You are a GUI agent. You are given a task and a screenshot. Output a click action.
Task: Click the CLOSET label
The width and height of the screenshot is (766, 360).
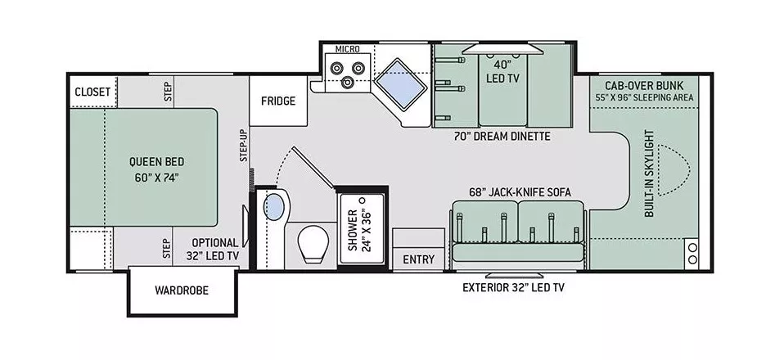point(92,92)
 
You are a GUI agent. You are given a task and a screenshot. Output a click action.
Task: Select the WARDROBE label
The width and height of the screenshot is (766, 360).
point(181,290)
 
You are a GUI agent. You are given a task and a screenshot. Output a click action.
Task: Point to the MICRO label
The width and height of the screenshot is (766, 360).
point(336,48)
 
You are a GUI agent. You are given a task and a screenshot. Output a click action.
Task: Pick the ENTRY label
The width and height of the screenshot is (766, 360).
point(419,259)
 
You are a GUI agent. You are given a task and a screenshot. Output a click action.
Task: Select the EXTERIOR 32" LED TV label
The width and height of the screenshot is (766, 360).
point(513,287)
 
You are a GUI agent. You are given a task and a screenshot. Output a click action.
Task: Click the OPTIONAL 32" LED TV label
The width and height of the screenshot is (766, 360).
point(215,249)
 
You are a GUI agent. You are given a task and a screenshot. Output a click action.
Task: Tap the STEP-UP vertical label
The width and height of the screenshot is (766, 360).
point(243,145)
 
